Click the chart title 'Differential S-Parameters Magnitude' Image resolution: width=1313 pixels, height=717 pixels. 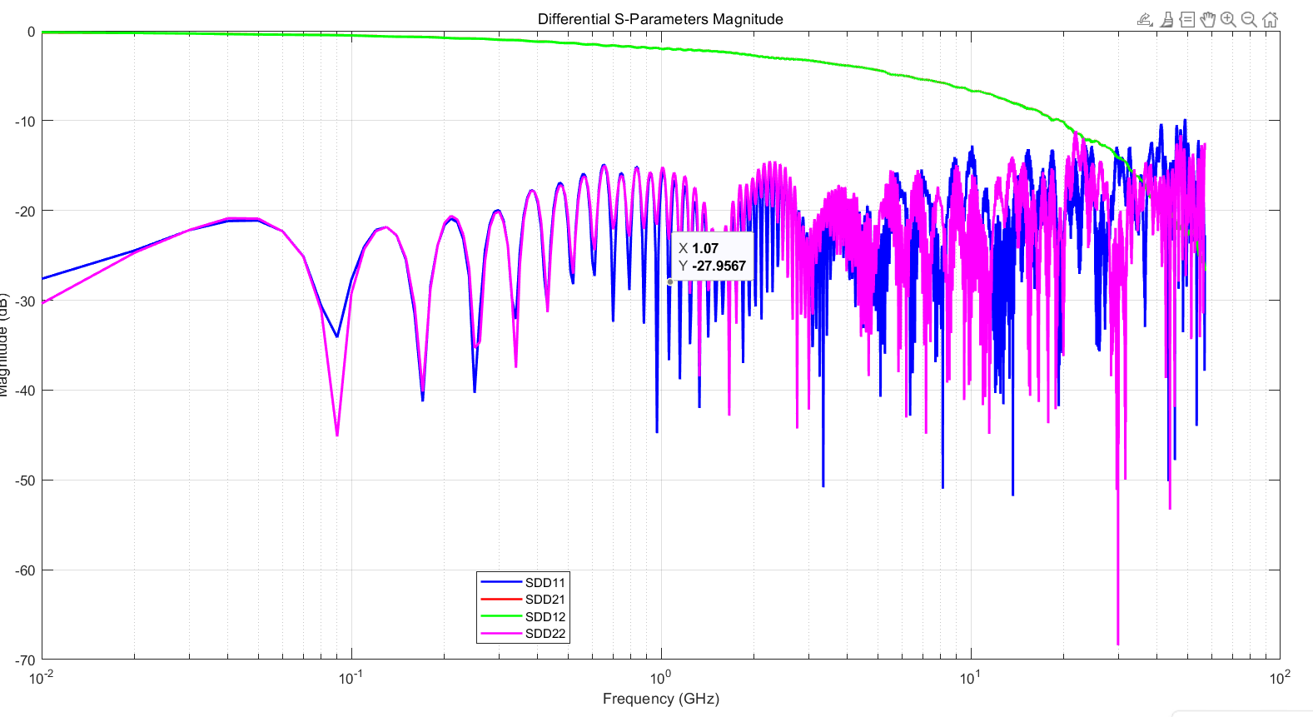pyautogui.click(x=660, y=19)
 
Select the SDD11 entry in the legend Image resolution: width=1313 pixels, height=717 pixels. pyautogui.click(x=545, y=583)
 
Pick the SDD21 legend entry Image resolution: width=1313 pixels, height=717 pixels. pyautogui.click(x=545, y=600)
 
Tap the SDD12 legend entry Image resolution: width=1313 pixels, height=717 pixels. pyautogui.click(x=545, y=617)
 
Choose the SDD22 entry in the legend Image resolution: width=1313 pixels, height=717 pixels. pyautogui.click(x=545, y=634)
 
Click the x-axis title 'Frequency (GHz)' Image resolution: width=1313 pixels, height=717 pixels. pyautogui.click(x=660, y=699)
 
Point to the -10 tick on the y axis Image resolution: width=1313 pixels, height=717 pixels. pyautogui.click(x=26, y=122)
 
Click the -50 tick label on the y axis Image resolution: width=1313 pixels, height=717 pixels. pyautogui.click(x=26, y=480)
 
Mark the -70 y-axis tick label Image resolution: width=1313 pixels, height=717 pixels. pyautogui.click(x=26, y=660)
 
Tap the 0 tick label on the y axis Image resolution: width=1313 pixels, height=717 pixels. pyautogui.click(x=32, y=32)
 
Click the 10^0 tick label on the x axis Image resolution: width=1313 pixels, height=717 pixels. pyautogui.click(x=660, y=677)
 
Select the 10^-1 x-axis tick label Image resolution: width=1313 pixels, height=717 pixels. pyautogui.click(x=351, y=677)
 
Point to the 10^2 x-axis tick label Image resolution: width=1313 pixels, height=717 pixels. pyautogui.click(x=1280, y=677)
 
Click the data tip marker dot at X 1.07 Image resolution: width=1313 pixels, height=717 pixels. pyautogui.click(x=670, y=281)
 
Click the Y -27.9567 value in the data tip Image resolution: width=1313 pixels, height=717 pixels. pyautogui.click(x=719, y=266)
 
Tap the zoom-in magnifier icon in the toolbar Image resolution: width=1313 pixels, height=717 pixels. pyautogui.click(x=1228, y=19)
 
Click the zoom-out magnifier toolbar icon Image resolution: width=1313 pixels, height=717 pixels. pyautogui.click(x=1249, y=19)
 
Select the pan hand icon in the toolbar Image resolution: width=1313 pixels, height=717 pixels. pyautogui.click(x=1208, y=19)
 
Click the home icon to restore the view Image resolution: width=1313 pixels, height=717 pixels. pyautogui.click(x=1270, y=19)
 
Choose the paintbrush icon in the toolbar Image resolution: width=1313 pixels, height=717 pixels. pyautogui.click(x=1166, y=19)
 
